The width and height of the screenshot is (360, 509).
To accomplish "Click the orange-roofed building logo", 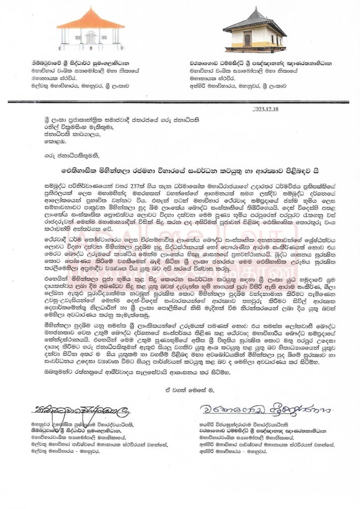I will [x=90, y=30].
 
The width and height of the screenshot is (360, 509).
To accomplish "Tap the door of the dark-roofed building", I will [x=247, y=39].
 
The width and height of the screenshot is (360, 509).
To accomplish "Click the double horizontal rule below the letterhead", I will [x=180, y=102].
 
